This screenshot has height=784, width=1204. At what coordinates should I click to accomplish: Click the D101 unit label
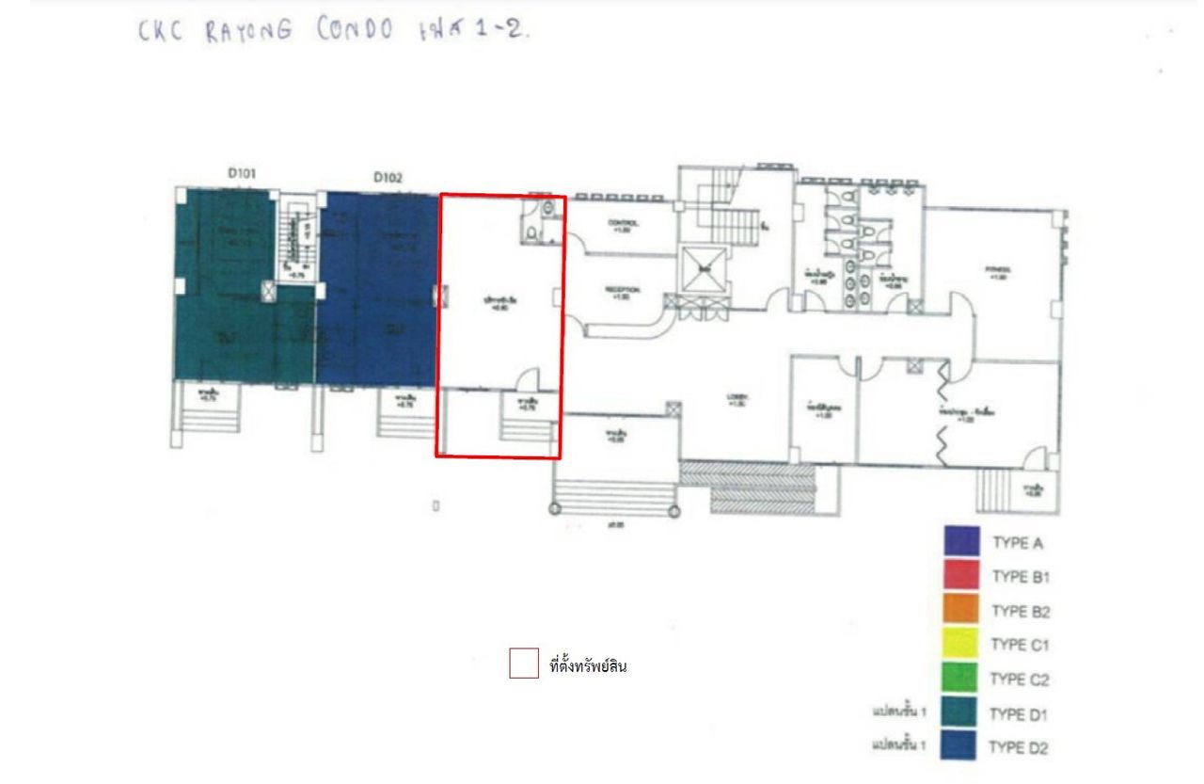[x=242, y=173]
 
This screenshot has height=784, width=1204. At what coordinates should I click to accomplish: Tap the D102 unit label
[x=388, y=176]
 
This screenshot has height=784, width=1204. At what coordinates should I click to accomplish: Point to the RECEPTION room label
[x=623, y=292]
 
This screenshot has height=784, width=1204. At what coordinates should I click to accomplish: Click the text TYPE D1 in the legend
[x=1019, y=714]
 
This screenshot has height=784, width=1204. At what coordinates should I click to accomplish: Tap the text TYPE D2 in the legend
[x=1019, y=749]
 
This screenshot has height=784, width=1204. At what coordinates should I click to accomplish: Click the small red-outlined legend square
[x=524, y=664]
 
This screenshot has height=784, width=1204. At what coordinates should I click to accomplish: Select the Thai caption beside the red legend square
[x=588, y=667]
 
